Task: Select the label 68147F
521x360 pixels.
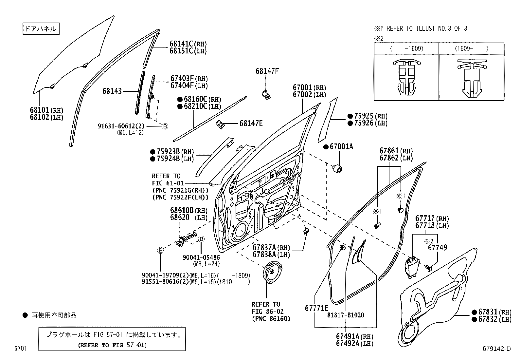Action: click(267, 71)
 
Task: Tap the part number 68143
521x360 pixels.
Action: click(112, 91)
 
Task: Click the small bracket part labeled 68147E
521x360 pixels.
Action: click(220, 124)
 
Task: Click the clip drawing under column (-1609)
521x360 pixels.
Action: click(406, 78)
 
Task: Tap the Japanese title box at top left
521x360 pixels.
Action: click(41, 28)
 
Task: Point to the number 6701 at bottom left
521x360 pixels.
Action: click(20, 349)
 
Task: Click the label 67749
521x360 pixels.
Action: click(438, 248)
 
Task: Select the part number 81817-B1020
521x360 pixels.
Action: click(346, 315)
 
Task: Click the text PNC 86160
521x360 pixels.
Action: click(271, 318)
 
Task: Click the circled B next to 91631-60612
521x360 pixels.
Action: click(165, 126)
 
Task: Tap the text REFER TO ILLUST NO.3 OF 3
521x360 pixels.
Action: click(426, 28)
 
